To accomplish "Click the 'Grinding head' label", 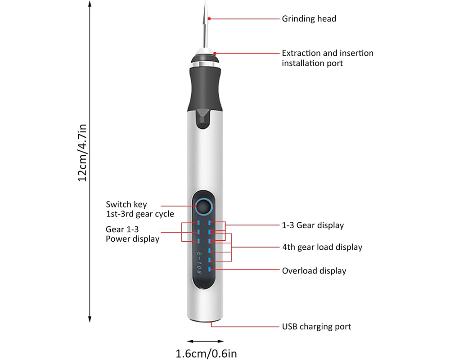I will (309, 19).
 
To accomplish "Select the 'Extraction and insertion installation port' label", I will (327, 58).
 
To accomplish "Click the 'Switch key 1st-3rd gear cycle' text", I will (139, 209).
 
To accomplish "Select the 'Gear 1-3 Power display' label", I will (132, 234).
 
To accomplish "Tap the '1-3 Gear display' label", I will (312, 225).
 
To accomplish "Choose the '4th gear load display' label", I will (322, 247).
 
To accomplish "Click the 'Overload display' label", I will (314, 271).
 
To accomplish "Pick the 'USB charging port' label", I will (316, 327).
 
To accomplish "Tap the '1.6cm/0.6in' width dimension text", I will (206, 354).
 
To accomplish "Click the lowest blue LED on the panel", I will (210, 270).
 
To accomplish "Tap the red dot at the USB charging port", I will (211, 322).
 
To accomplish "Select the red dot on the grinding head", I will (208, 19).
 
